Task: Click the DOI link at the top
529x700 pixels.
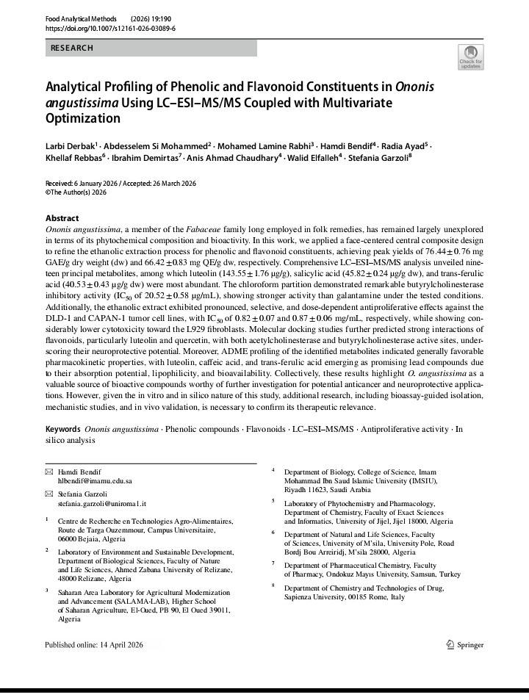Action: coord(110,28)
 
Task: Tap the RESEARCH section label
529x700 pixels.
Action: coord(71,48)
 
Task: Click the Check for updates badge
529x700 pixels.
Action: coord(470,57)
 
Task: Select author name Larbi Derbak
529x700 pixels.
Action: coord(70,145)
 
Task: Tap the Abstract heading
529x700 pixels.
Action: coord(62,218)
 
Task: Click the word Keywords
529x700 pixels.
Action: coord(62,429)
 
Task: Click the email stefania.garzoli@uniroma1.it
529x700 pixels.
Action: coord(102,504)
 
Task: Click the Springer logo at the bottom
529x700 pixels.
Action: coord(465,645)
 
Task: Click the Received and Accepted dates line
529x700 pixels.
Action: coord(120,184)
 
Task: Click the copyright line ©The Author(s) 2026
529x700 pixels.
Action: coord(76,192)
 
